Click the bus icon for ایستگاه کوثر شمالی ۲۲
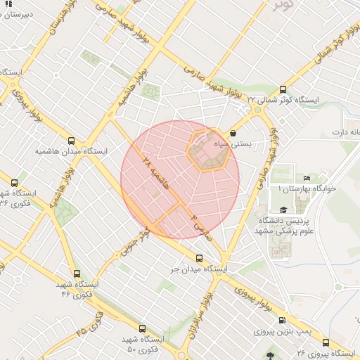click(x=283, y=89)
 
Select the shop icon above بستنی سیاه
click(x=233, y=132)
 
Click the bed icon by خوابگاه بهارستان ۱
click(x=307, y=178)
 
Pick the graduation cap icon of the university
click(x=283, y=210)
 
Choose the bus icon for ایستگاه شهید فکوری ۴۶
click(x=77, y=274)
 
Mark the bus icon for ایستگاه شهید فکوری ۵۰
click(x=143, y=328)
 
